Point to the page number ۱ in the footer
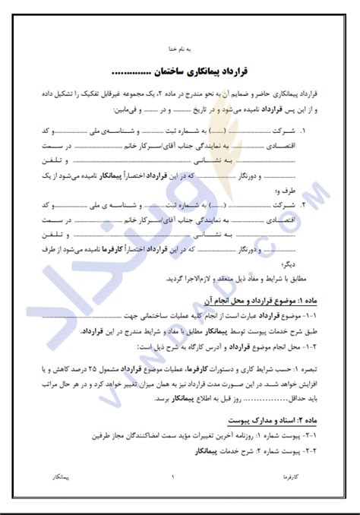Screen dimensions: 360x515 (x=174, y=477)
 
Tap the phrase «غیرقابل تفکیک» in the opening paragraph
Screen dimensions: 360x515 (x=110, y=91)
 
